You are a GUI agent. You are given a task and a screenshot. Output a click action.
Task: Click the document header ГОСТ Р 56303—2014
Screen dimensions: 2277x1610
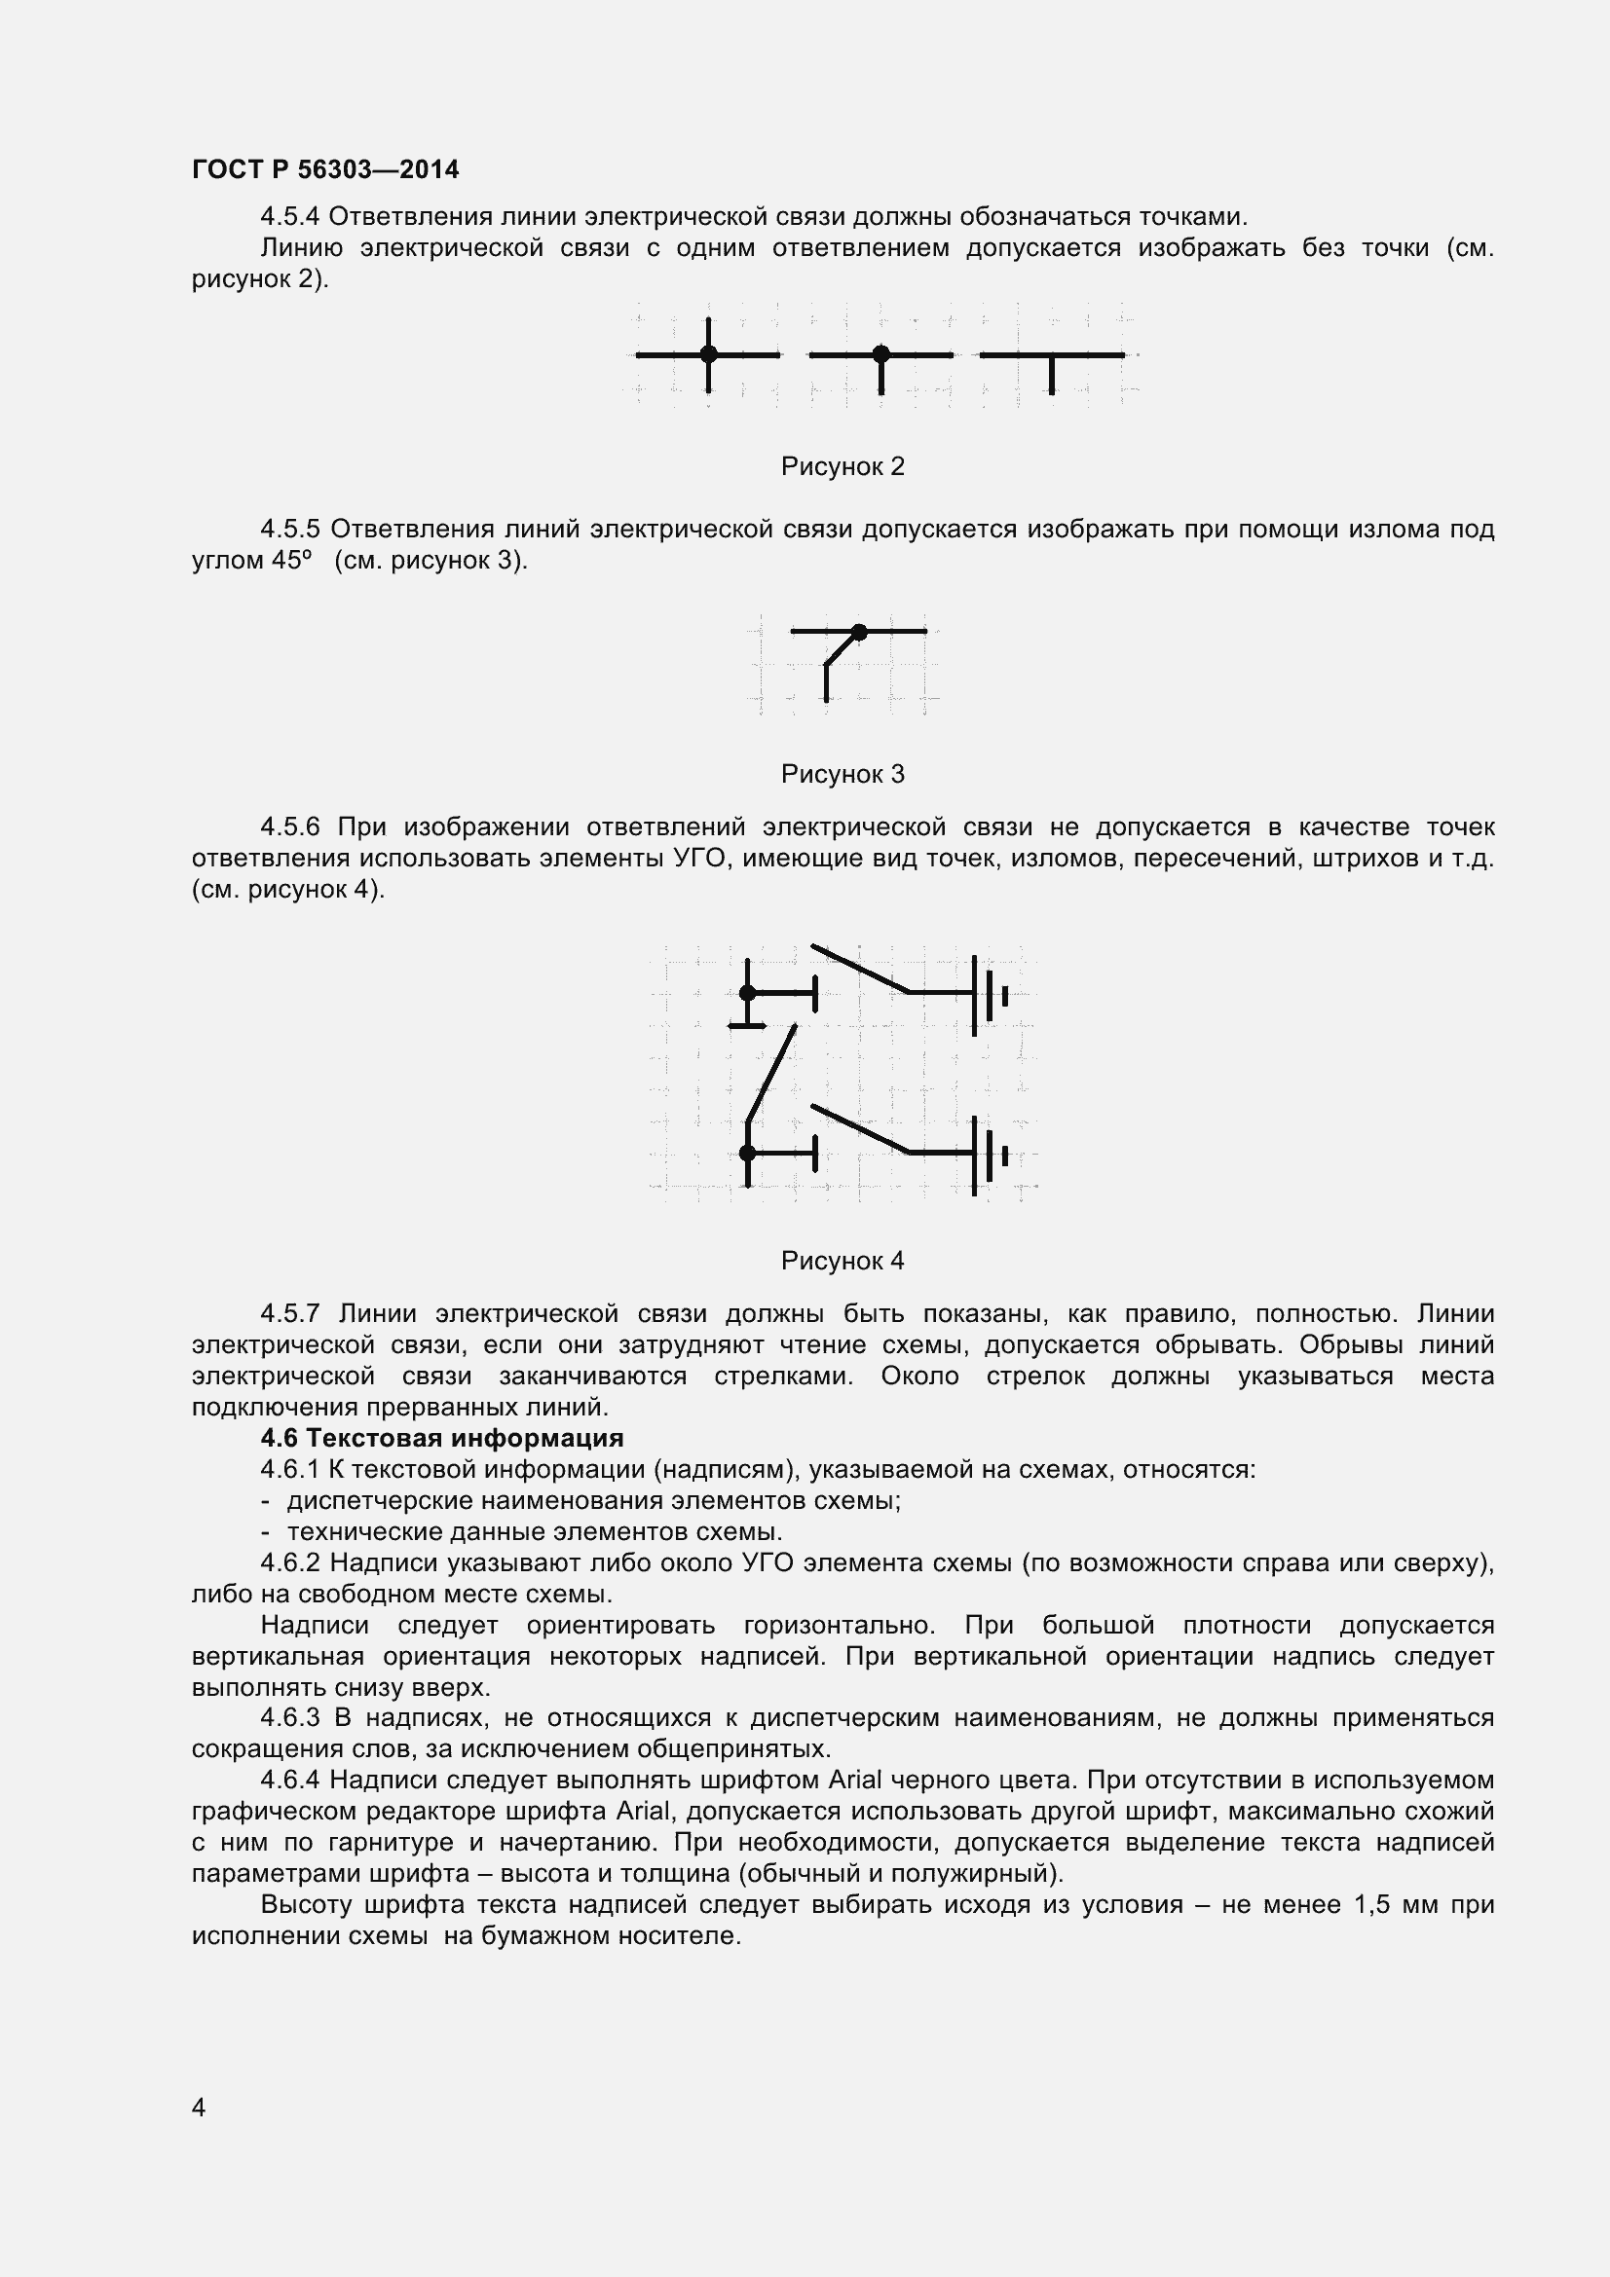[325, 169]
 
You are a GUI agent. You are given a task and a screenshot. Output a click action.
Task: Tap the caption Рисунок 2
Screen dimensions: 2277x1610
[842, 466]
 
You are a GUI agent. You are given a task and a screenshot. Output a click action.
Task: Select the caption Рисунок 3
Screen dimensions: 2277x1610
[842, 774]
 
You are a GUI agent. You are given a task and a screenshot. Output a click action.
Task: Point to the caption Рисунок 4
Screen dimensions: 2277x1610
[842, 1261]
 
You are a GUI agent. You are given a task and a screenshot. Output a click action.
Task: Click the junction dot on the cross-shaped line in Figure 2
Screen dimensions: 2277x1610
[708, 354]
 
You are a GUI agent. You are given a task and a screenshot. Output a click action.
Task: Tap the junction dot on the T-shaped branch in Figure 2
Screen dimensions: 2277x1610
[880, 354]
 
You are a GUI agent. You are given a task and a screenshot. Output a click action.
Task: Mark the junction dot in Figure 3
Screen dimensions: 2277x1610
[859, 632]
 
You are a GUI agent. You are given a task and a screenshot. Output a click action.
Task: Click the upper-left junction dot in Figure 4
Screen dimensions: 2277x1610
[748, 993]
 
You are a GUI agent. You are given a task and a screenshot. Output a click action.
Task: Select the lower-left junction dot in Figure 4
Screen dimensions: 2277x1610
[748, 1153]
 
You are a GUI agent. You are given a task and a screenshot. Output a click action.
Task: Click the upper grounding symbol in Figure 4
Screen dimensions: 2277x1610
[988, 995]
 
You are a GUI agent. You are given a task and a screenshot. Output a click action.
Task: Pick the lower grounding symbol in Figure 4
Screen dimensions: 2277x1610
[988, 1156]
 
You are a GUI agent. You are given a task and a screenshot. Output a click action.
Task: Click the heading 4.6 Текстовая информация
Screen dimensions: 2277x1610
[441, 1437]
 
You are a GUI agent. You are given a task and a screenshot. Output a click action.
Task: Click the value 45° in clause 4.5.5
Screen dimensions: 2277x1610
[291, 561]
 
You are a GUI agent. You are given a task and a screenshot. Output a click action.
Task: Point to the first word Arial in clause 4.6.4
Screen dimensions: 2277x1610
[854, 1781]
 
